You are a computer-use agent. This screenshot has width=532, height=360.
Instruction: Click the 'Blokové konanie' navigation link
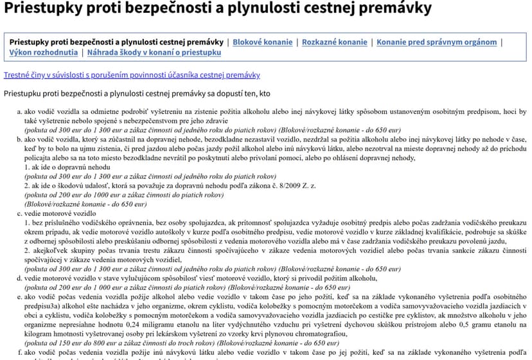pyautogui.click(x=263, y=42)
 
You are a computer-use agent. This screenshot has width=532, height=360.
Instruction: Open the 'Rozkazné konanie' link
pyautogui.click(x=334, y=42)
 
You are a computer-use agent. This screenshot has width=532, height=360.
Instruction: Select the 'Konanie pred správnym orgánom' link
pyautogui.click(x=436, y=42)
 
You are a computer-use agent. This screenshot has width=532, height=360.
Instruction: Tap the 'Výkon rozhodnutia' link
pyautogui.click(x=44, y=52)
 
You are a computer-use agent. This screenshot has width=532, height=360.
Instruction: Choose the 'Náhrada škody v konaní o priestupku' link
pyautogui.click(x=154, y=52)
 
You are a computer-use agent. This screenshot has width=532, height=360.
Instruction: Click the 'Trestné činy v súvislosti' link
pyautogui.click(x=132, y=75)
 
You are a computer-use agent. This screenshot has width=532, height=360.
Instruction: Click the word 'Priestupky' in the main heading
pyautogui.click(x=38, y=9)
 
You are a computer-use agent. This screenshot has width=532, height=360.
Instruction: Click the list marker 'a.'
pyautogui.click(x=19, y=111)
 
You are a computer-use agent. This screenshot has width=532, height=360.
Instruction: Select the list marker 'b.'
pyautogui.click(x=19, y=139)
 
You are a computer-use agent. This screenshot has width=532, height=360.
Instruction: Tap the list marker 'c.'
pyautogui.click(x=19, y=213)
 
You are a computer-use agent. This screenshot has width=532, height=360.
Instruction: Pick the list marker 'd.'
pyautogui.click(x=19, y=278)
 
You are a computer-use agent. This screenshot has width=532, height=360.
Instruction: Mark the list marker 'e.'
pyautogui.click(x=19, y=298)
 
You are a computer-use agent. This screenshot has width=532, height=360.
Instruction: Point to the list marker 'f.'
pyautogui.click(x=19, y=352)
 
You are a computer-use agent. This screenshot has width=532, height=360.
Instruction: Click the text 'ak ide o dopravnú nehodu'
pyautogui.click(x=69, y=166)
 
